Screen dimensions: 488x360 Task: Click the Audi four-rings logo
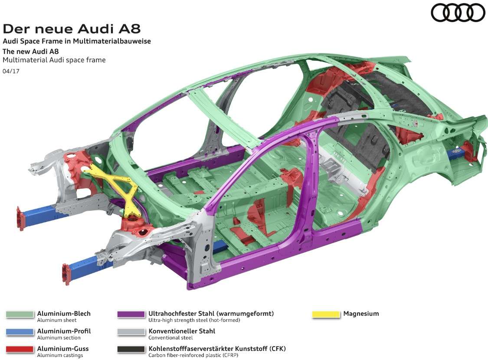(x=458, y=13)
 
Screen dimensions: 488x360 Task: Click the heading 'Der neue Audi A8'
(x=72, y=29)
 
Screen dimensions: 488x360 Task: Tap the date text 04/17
(x=11, y=71)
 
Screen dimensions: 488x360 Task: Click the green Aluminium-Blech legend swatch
(x=20, y=314)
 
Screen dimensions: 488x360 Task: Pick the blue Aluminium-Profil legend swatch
(x=20, y=332)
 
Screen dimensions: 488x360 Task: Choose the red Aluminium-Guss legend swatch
(x=20, y=350)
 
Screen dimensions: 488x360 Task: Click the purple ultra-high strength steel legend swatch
(x=131, y=314)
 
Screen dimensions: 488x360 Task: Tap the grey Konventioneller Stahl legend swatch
(x=131, y=332)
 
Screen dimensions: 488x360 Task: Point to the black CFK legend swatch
(x=131, y=350)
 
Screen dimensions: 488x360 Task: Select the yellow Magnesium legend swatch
(x=326, y=314)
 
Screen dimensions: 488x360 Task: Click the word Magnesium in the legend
(x=361, y=314)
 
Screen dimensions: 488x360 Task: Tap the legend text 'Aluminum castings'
(x=60, y=355)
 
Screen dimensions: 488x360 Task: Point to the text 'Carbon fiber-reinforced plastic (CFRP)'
(x=193, y=355)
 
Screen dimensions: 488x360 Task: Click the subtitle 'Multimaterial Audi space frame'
(x=54, y=60)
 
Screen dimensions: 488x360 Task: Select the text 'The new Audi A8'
(x=30, y=51)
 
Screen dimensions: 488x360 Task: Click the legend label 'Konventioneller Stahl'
(x=182, y=331)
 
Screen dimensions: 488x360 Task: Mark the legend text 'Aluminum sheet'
(x=57, y=320)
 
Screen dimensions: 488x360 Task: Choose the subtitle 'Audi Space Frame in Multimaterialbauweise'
(x=77, y=41)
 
